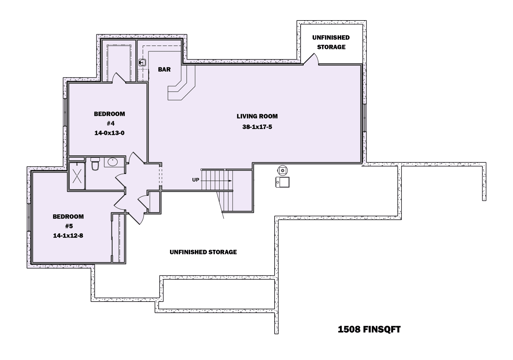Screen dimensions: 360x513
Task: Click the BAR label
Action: coord(164,69)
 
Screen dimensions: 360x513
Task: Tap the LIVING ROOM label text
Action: coord(257,116)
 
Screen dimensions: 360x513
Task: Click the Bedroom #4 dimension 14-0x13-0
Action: coord(109,133)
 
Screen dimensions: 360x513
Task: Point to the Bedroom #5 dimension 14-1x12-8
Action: coord(68,236)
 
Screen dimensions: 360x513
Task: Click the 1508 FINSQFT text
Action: coord(369,330)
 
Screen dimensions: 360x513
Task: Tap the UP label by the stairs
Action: coord(196,180)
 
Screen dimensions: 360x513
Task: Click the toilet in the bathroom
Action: coord(95,164)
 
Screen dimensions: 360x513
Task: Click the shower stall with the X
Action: coord(77,176)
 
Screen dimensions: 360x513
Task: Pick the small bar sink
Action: coord(143,62)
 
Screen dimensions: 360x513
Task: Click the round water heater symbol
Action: coord(282,170)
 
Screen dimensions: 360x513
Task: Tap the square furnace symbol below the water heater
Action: coord(282,182)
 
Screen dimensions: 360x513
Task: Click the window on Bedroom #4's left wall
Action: coord(65,112)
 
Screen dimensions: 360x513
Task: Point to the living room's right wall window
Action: coord(365,117)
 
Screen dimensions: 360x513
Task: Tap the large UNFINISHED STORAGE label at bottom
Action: coord(203,252)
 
